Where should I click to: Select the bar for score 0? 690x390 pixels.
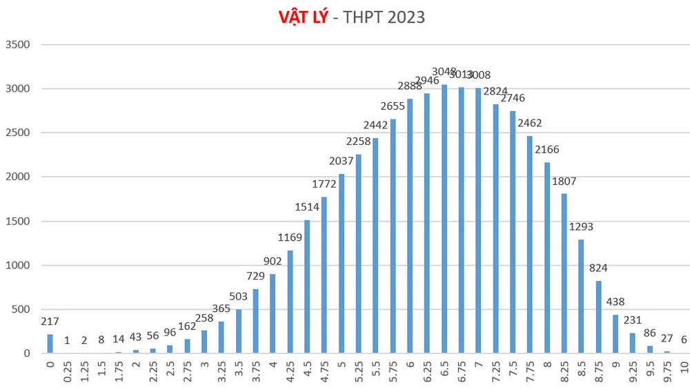pyautogui.click(x=50, y=344)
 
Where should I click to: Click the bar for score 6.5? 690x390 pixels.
pyautogui.click(x=444, y=220)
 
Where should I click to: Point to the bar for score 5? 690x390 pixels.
pyautogui.click(x=342, y=264)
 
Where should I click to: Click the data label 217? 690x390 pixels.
pyautogui.click(x=50, y=322)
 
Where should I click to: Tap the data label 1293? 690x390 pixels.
pyautogui.click(x=581, y=226)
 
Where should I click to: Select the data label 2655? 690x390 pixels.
pyautogui.click(x=393, y=106)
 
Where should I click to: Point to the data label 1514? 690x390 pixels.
pyautogui.click(x=307, y=206)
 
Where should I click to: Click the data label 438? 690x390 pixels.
pyautogui.click(x=615, y=302)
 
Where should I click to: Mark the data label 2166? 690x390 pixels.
pyautogui.click(x=547, y=149)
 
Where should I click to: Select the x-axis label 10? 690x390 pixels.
pyautogui.click(x=684, y=366)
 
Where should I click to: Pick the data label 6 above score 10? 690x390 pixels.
pyautogui.click(x=684, y=339)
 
